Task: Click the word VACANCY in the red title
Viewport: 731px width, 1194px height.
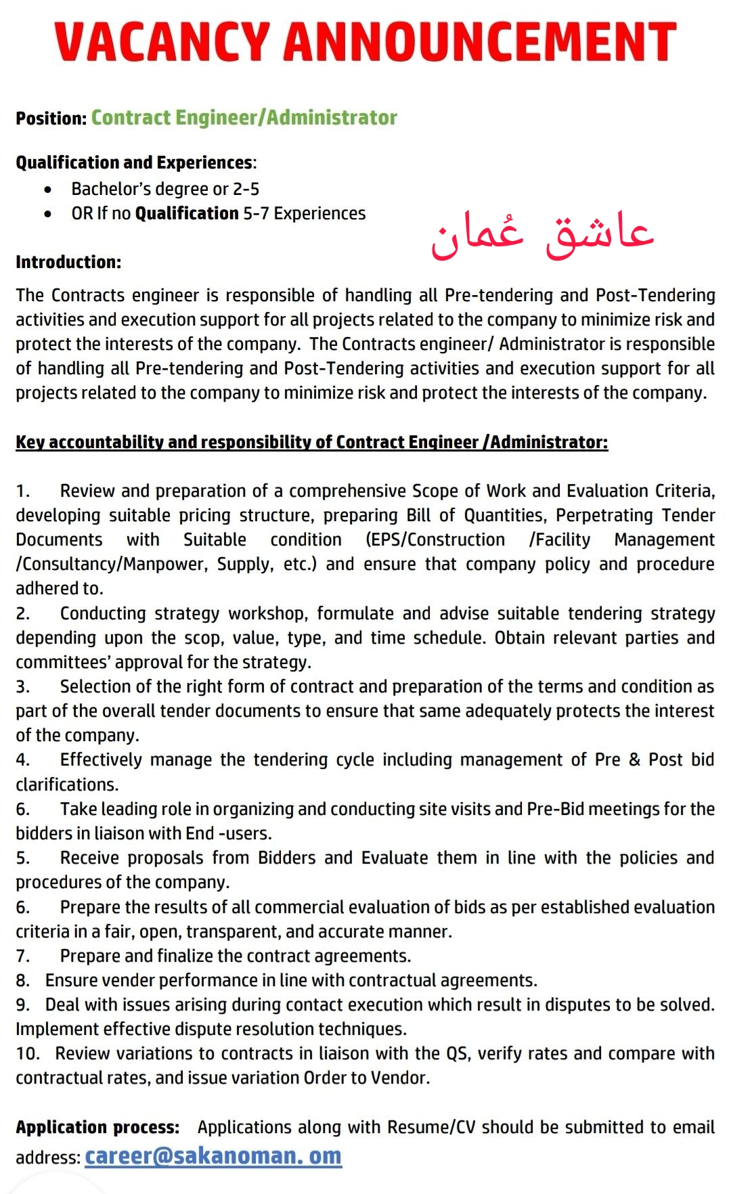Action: (x=162, y=42)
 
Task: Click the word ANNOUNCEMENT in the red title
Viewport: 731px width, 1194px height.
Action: (x=480, y=42)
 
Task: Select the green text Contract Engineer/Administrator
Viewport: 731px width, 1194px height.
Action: (x=244, y=118)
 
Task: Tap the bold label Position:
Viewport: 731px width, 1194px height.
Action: (x=51, y=118)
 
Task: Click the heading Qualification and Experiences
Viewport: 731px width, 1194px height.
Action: (x=134, y=162)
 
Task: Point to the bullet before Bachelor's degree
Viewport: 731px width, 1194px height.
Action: (x=47, y=190)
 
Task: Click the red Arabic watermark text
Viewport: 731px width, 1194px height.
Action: (x=542, y=234)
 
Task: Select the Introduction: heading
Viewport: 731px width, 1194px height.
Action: (x=68, y=262)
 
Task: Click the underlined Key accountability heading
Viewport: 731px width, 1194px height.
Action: (x=311, y=442)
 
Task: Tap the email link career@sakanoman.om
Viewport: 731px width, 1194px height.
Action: (x=213, y=1155)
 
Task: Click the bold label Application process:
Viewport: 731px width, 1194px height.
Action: (x=97, y=1127)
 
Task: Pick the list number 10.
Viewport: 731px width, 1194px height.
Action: (x=27, y=1054)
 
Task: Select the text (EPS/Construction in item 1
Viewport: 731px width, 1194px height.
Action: (x=435, y=540)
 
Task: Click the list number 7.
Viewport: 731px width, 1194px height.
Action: (x=22, y=956)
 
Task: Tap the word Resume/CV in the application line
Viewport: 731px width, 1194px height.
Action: (x=431, y=1127)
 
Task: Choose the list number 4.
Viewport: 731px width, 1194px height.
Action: (x=22, y=760)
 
